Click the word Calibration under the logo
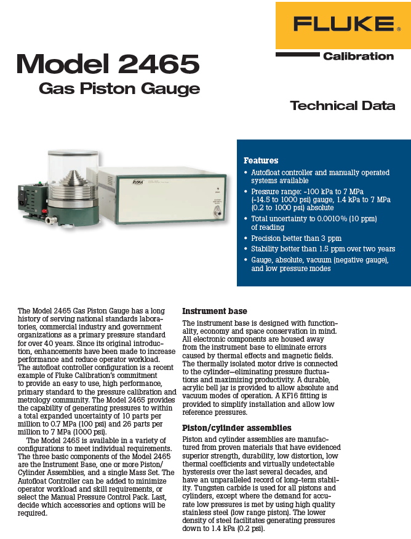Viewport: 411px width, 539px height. [358, 56]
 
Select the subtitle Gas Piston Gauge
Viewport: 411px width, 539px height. [119, 89]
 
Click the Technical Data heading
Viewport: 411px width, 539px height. [342, 105]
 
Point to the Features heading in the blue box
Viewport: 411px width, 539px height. [261, 160]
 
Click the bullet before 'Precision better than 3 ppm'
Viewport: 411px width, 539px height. [247, 238]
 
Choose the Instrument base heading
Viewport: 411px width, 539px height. [215, 312]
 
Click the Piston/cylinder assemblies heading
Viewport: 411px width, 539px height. [228, 427]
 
